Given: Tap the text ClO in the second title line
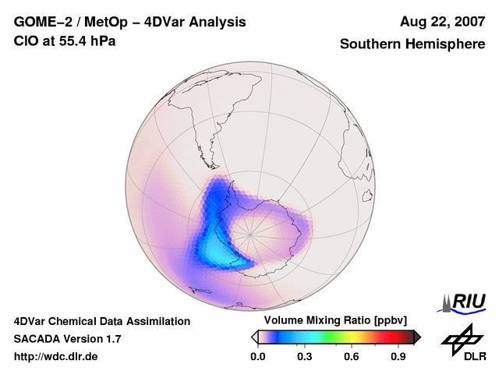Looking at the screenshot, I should click(x=27, y=41).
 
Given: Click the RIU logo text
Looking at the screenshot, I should click(x=468, y=302).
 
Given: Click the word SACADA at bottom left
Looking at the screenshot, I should click(x=37, y=339).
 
